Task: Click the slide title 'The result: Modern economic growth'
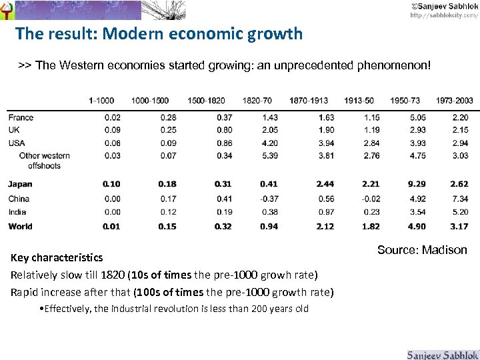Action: [159, 33]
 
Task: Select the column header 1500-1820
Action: [206, 101]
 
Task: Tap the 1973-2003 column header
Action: [455, 101]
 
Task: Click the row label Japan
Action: [20, 184]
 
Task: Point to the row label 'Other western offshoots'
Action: [44, 161]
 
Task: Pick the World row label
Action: [20, 227]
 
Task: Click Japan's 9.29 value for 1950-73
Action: [417, 184]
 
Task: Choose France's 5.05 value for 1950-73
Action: [417, 118]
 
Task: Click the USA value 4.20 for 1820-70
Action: [269, 143]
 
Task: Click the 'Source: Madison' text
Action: [422, 250]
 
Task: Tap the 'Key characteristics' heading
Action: [57, 257]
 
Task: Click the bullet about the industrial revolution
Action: [174, 309]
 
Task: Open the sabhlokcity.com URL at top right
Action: [443, 15]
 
